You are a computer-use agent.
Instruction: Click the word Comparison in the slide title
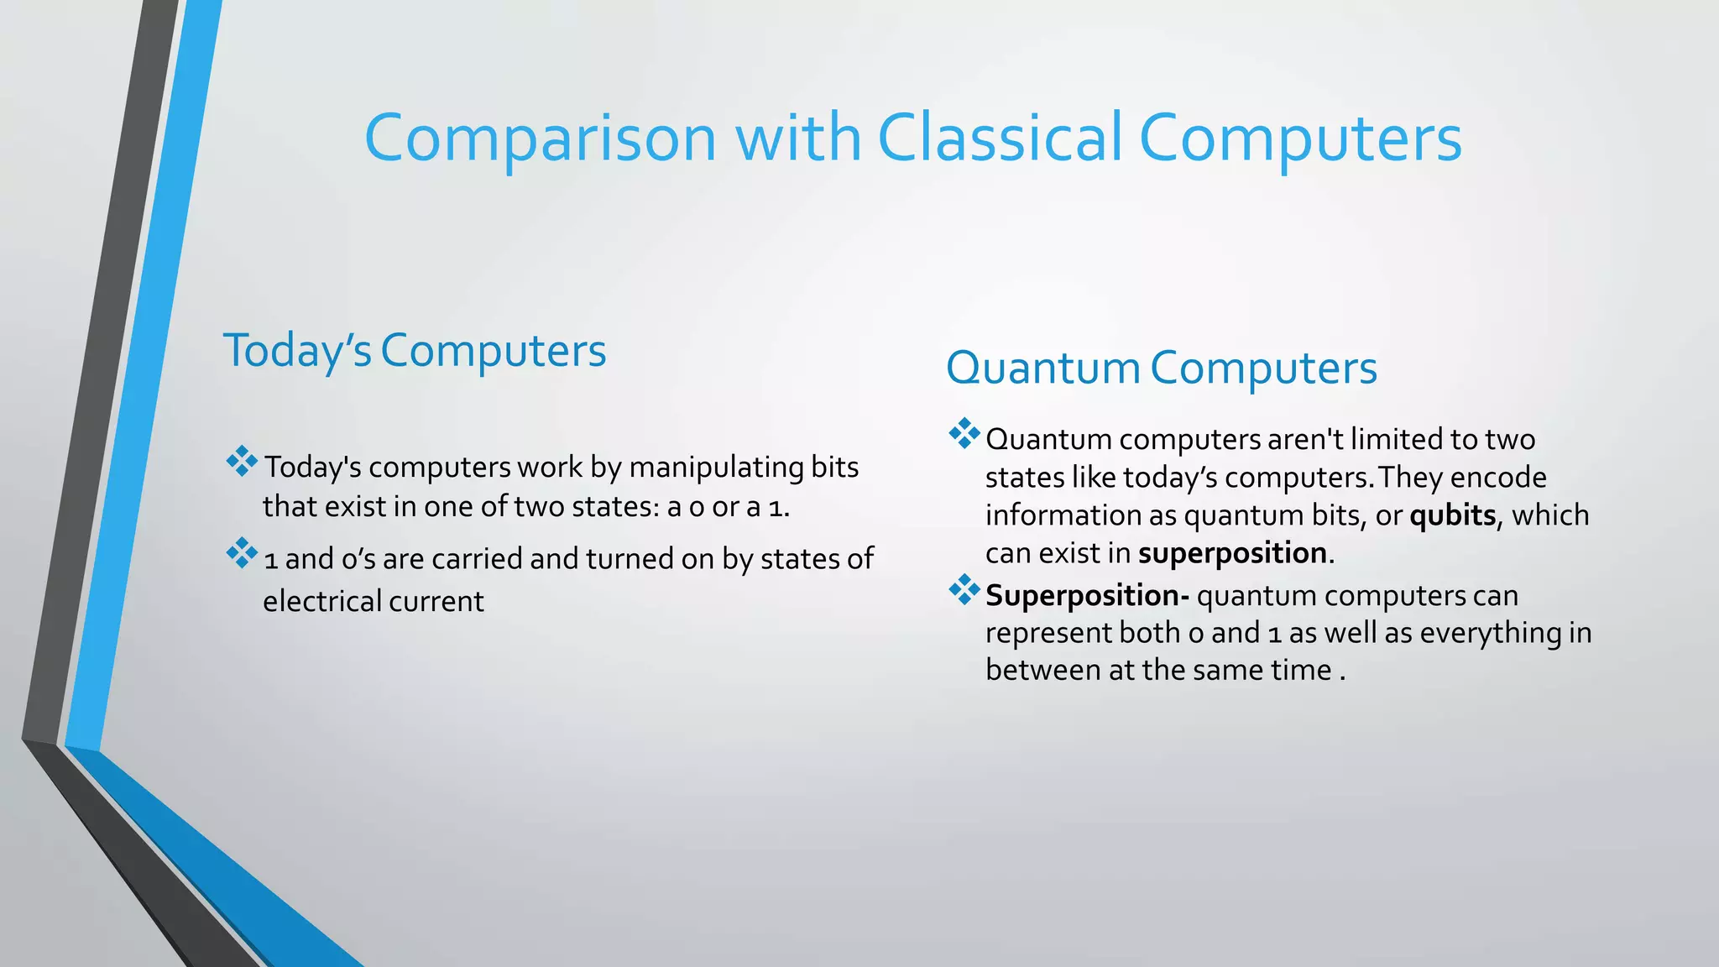coord(541,139)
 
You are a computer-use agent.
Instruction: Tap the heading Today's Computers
coord(414,350)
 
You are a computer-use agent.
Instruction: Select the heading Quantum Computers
coord(1161,368)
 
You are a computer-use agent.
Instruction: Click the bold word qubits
coord(1452,515)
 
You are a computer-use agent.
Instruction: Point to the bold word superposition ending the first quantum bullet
coord(1232,553)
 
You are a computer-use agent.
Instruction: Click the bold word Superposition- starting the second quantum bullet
coord(1087,595)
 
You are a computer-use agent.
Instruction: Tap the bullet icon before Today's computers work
coord(242,462)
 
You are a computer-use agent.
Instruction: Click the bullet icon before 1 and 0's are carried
coord(242,553)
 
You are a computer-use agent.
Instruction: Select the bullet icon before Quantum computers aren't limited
coord(964,434)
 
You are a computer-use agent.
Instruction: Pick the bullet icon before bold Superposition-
coord(964,590)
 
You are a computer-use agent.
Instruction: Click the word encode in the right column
coord(1497,477)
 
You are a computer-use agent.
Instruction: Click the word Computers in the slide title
coord(1300,139)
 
